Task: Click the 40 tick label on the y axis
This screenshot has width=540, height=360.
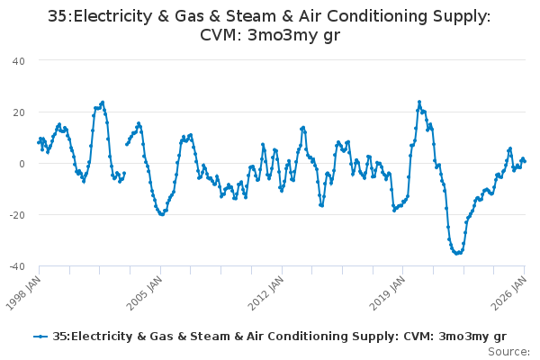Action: point(18,60)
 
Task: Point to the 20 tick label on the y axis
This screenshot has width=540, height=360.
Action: point(18,112)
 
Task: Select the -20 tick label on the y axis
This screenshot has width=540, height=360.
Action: point(16,215)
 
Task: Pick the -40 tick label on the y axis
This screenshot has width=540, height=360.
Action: point(16,266)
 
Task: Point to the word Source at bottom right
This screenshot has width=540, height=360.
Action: point(509,351)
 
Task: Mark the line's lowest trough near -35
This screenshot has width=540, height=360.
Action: point(457,253)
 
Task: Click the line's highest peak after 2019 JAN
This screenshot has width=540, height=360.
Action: point(419,102)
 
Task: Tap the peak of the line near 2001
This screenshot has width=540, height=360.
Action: point(103,102)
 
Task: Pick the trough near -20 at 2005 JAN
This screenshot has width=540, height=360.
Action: point(162,214)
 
